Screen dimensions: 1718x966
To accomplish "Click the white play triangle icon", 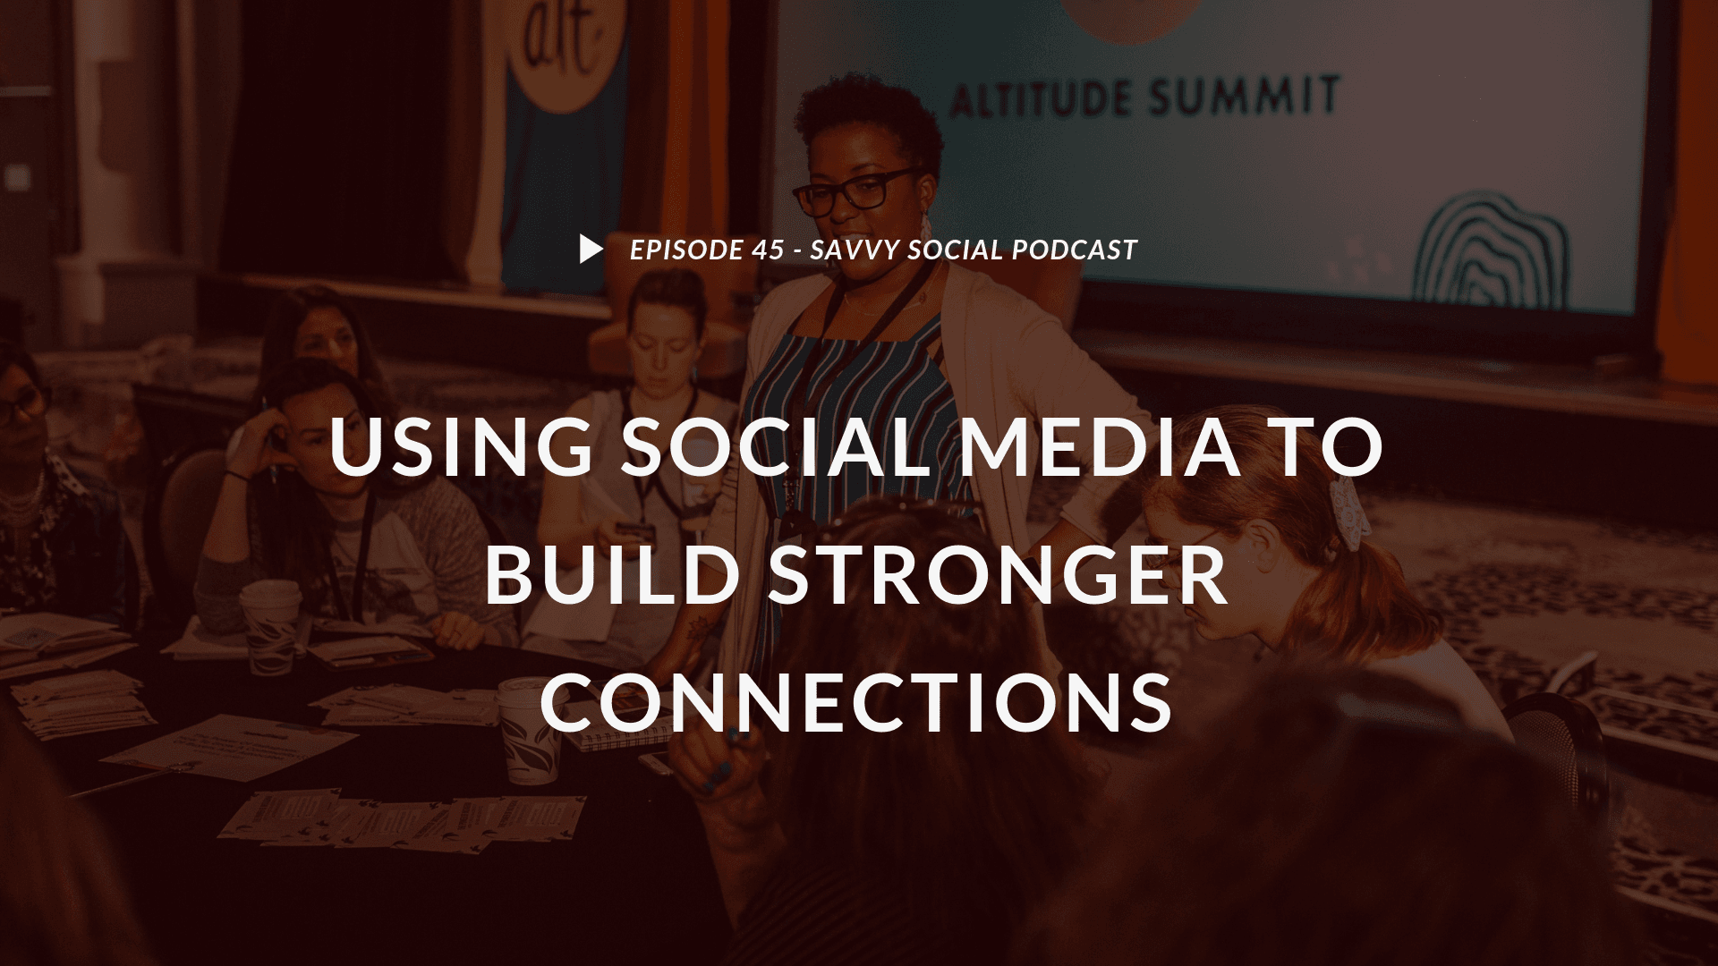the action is point(591,250).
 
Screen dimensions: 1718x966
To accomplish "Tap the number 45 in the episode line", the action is point(768,250).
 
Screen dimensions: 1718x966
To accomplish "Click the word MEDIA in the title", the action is point(1101,446).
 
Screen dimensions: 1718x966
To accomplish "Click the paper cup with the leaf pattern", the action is point(530,729).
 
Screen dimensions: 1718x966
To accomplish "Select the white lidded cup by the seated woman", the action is point(270,624).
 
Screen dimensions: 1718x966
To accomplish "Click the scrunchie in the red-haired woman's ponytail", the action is point(1348,512).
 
